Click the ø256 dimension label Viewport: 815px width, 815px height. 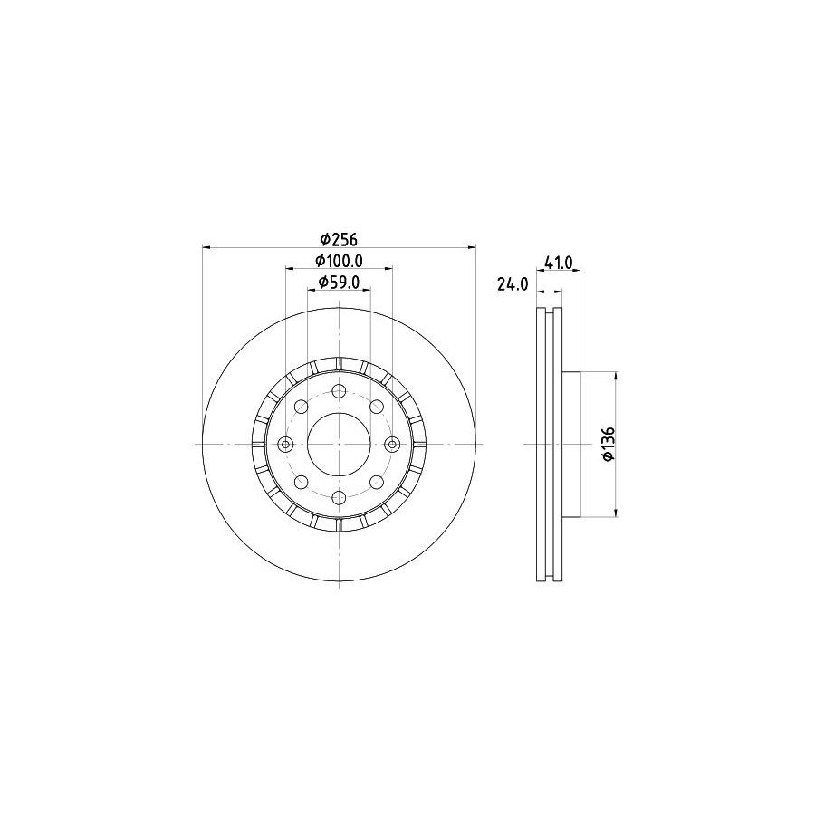(x=339, y=239)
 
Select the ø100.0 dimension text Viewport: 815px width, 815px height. (x=339, y=260)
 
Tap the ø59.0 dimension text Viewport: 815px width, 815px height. (x=339, y=282)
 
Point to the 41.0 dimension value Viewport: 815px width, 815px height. (x=558, y=263)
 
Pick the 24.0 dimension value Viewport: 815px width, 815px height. (x=513, y=283)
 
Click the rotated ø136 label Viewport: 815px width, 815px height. (x=609, y=444)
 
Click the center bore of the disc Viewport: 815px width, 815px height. (x=339, y=445)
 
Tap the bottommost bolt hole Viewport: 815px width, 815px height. (x=339, y=497)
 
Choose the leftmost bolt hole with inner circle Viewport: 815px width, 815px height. (x=285, y=445)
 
